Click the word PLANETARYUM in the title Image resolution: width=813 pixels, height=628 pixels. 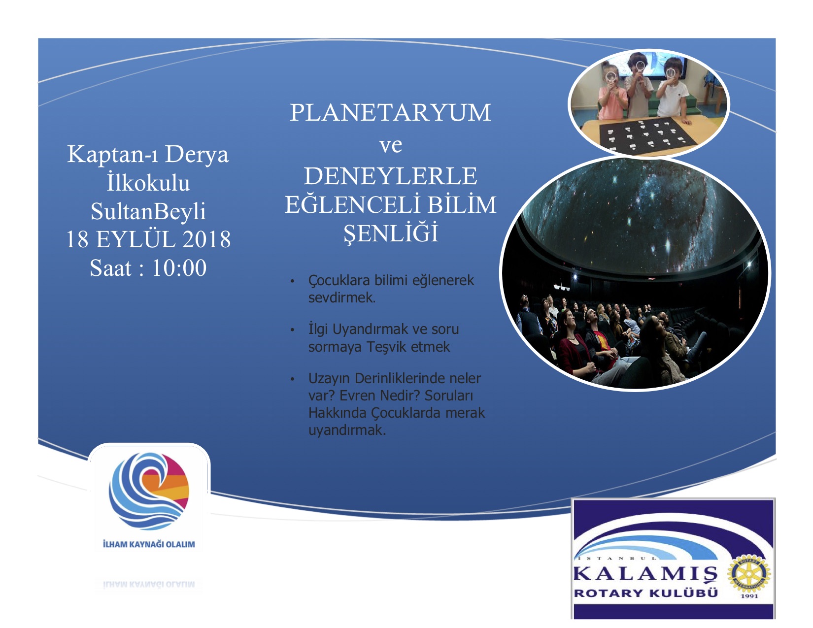coord(390,112)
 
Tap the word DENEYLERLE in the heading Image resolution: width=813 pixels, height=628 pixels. coord(390,176)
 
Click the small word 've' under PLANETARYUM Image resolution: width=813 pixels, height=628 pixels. coord(391,145)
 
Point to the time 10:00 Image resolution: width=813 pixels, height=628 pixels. coord(179,268)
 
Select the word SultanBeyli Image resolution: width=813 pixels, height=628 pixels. coord(148,212)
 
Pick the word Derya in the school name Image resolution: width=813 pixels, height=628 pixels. coord(197,155)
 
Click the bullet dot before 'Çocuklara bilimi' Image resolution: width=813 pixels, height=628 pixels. coord(293,281)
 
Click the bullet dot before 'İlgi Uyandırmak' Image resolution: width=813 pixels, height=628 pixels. coord(293,330)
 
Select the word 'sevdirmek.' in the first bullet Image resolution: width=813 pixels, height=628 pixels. coord(341,297)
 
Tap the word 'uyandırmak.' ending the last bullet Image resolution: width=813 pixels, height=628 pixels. coord(347,430)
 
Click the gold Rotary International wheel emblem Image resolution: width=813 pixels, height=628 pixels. coord(748,574)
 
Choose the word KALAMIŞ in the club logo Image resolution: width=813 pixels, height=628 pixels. coord(645,574)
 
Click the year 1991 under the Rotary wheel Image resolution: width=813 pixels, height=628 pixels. coord(749,596)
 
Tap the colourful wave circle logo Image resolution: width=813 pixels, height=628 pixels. coord(149,491)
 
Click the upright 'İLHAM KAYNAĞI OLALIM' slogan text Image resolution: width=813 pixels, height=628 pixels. coord(149,544)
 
